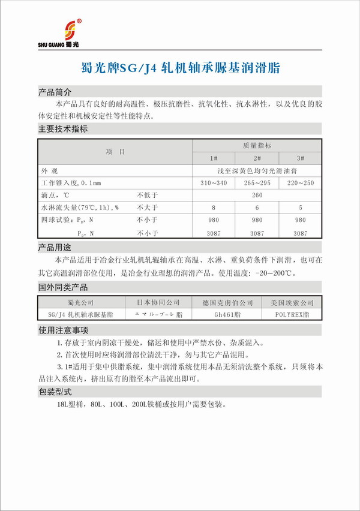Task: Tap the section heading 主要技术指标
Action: (63, 129)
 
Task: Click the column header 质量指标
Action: (257, 146)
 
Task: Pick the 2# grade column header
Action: (257, 158)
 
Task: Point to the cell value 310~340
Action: (214, 182)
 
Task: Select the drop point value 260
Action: (257, 195)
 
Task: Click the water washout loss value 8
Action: (214, 208)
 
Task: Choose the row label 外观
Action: (49, 170)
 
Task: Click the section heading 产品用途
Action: (55, 248)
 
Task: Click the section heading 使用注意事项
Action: (63, 330)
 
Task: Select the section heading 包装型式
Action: (55, 392)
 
